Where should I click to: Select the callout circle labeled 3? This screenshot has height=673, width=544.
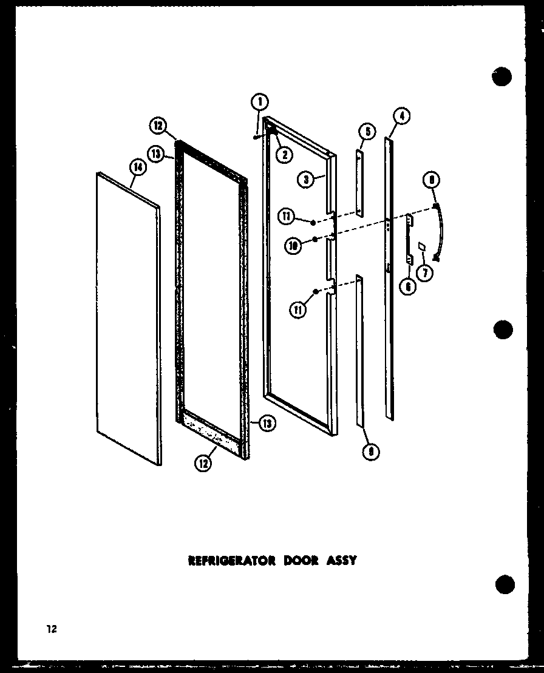[x=307, y=179]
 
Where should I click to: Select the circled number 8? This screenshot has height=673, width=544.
[x=433, y=180]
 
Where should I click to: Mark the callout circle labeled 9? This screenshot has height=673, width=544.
[x=370, y=452]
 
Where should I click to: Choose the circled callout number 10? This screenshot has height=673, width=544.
[x=294, y=246]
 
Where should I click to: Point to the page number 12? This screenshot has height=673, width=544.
[x=51, y=629]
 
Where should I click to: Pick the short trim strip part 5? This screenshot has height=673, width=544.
[x=360, y=182]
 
